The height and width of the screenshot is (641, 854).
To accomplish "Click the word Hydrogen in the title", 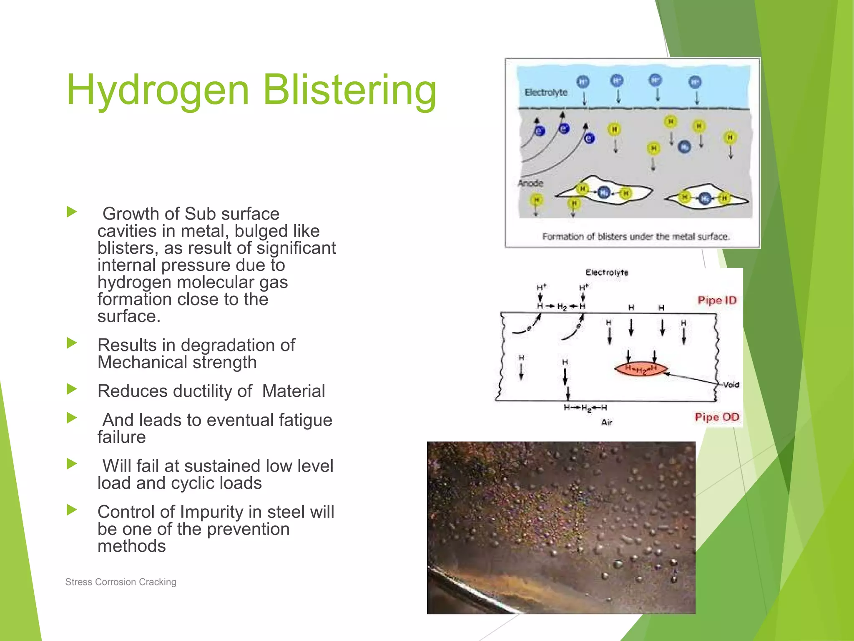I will (x=158, y=90).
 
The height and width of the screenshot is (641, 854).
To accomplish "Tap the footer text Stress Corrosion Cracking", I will (x=121, y=582).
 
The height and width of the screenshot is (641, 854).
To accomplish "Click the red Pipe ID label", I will (x=717, y=300).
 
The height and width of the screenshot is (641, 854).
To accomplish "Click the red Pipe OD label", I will (x=717, y=417).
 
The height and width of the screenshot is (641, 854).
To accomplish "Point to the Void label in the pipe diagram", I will (x=731, y=385).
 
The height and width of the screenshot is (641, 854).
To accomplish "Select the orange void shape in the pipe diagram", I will (x=641, y=369).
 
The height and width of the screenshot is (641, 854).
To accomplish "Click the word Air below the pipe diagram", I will (x=606, y=422).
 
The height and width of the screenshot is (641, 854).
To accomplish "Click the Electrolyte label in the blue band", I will (x=546, y=92).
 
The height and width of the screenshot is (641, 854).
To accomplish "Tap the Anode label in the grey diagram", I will (x=530, y=183).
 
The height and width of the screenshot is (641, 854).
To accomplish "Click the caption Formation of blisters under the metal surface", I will (x=635, y=237).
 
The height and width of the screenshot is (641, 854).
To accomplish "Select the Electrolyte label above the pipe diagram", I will (x=607, y=273).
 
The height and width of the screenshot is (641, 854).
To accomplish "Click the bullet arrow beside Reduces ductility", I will (x=72, y=389).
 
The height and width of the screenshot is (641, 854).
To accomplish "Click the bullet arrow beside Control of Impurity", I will (x=72, y=510).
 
